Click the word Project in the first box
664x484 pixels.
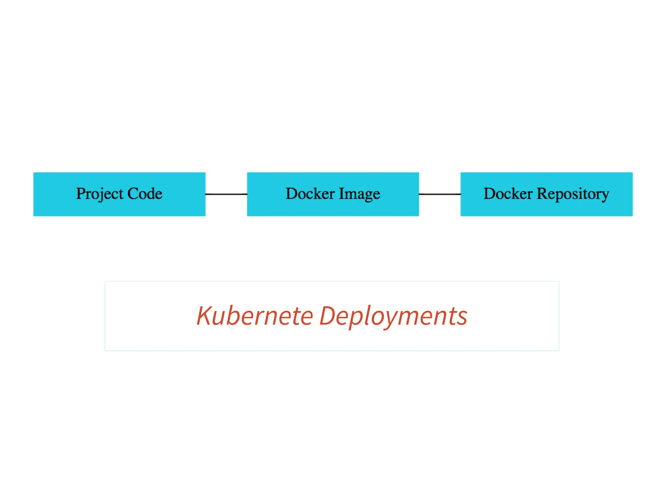click(100, 194)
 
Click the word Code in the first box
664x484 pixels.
click(145, 194)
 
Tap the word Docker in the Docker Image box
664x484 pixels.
click(310, 194)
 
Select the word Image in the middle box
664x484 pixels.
click(359, 194)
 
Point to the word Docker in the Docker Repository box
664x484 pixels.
click(508, 194)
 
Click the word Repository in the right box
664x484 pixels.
click(573, 194)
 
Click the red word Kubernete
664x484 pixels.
click(255, 316)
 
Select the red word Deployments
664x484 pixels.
click(393, 316)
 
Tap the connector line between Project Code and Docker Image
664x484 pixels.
click(226, 194)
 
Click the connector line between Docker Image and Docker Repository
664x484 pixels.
click(439, 194)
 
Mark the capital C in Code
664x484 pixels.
click(133, 194)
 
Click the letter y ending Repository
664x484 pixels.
click(605, 195)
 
